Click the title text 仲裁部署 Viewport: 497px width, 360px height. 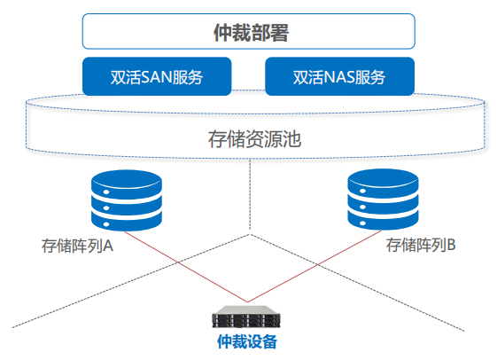point(251,32)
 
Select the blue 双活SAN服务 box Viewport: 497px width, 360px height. point(157,76)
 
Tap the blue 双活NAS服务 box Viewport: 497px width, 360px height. point(340,76)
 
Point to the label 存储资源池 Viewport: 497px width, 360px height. point(254,139)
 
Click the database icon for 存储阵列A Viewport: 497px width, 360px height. point(127,200)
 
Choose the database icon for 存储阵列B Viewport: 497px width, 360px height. point(383,200)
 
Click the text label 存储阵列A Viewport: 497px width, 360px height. point(77,246)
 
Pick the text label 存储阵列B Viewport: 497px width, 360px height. point(421,245)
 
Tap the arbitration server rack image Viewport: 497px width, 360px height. point(246,317)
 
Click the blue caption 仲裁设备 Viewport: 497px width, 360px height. point(247,341)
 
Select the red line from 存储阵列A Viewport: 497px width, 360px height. point(186,266)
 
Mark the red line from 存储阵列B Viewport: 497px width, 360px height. point(315,266)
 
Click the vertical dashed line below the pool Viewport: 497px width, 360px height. point(250,194)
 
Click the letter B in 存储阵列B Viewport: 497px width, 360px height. point(451,245)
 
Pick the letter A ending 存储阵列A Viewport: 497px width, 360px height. point(108,246)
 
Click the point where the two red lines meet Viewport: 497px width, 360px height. point(247,302)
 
